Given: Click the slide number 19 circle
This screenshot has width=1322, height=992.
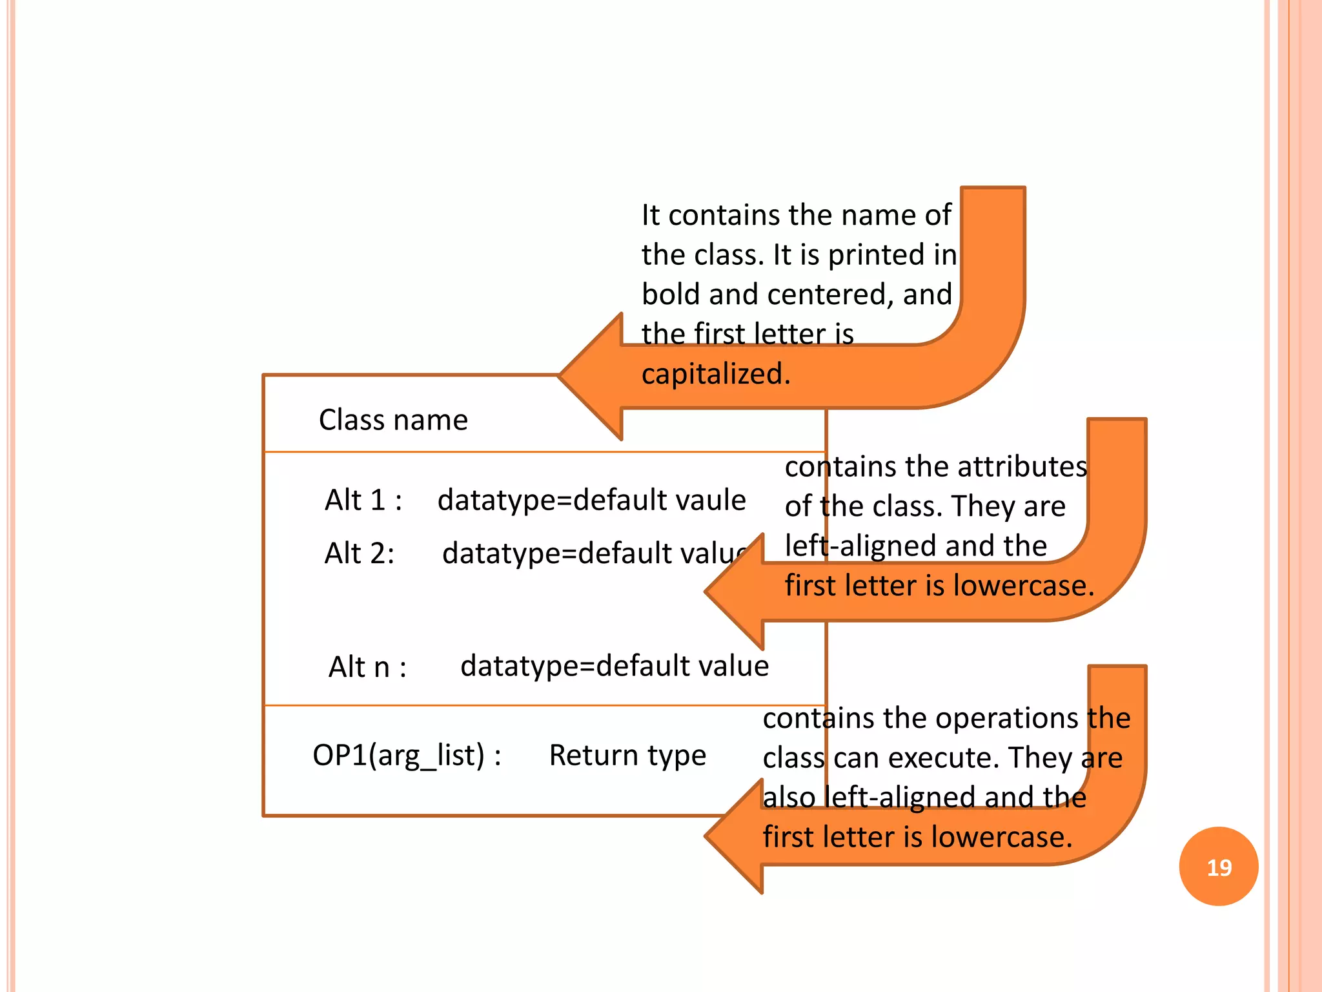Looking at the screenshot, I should tap(1218, 866).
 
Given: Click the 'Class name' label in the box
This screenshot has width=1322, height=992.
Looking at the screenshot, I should tap(393, 420).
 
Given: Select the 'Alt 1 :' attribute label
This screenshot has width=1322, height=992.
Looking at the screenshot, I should tap(363, 500).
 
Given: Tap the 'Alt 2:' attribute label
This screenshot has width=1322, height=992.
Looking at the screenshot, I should tap(360, 553).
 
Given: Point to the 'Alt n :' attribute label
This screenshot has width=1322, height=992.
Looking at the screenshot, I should tap(367, 667).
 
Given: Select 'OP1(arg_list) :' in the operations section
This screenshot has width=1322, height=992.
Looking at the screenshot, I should tap(407, 755).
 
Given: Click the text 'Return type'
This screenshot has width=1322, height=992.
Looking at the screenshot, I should tap(627, 755).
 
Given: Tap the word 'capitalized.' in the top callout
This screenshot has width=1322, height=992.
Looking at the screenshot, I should tap(716, 374).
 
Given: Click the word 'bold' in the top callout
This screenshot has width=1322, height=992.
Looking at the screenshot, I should tap(671, 294).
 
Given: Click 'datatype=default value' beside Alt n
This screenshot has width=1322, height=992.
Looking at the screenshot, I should tap(615, 666).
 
